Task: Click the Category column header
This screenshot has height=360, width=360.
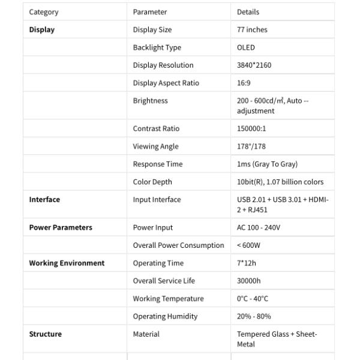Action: click(x=44, y=12)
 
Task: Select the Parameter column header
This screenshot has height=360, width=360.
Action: click(x=150, y=12)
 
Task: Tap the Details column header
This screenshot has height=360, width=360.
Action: click(x=248, y=12)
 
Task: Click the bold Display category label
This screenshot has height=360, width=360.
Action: click(x=41, y=29)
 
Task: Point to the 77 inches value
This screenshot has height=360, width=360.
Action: click(x=252, y=29)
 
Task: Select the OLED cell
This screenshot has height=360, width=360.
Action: click(x=246, y=47)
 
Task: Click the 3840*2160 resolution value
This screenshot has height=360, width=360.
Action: click(x=254, y=65)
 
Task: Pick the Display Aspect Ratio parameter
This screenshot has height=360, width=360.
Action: click(x=166, y=83)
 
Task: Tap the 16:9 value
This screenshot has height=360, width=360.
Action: click(x=244, y=83)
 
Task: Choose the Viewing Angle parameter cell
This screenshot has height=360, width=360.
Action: click(x=155, y=146)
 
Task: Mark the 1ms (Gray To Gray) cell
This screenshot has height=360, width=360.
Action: click(x=267, y=164)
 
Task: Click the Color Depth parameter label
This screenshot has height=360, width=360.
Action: click(x=152, y=182)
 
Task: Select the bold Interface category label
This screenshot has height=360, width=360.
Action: click(x=44, y=200)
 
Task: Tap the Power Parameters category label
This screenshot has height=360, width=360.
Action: click(x=61, y=227)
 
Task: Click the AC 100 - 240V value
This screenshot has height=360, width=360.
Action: click(x=259, y=227)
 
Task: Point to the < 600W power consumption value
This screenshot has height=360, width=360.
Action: click(x=248, y=245)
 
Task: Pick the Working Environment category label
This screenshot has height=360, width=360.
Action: click(x=67, y=263)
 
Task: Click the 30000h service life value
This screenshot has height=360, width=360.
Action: click(x=248, y=281)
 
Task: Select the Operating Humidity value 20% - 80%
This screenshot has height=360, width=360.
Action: click(x=254, y=316)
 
